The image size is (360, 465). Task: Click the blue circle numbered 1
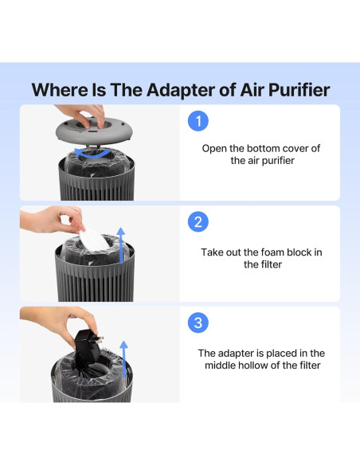point(198,121)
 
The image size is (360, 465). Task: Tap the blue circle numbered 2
point(198,222)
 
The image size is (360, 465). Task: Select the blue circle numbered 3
point(198,322)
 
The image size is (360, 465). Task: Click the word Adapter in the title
point(180,90)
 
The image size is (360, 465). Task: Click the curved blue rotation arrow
point(93,154)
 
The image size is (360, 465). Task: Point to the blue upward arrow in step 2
point(121,245)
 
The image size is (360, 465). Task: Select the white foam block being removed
point(93,240)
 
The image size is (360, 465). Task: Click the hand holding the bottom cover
point(81,115)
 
